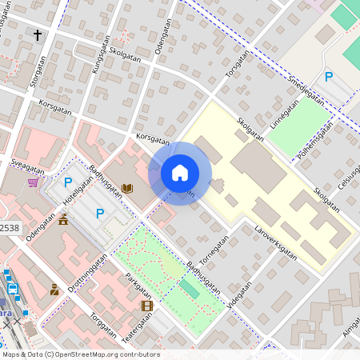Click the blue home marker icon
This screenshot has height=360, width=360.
(x=180, y=173)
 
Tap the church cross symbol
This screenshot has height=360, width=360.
(x=37, y=34)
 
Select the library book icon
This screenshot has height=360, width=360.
(x=126, y=189)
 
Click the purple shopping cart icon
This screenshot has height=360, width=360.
(x=33, y=182)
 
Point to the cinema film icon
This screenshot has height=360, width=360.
(x=146, y=306)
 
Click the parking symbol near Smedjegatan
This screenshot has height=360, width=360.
(x=329, y=77)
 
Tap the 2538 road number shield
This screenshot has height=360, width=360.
(x=9, y=228)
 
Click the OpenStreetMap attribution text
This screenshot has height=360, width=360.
(x=80, y=354)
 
